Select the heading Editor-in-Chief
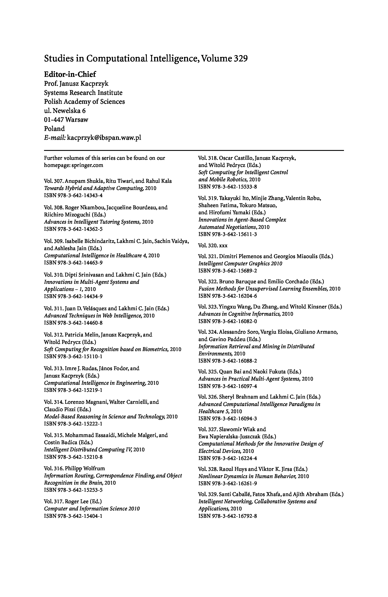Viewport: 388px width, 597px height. [70, 74]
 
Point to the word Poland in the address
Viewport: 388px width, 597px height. [54, 129]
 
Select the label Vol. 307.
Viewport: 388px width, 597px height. [53, 181]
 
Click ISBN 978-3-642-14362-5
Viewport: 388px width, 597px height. [73, 229]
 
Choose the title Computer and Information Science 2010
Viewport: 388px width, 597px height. [92, 509]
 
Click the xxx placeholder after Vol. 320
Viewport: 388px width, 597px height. [223, 246]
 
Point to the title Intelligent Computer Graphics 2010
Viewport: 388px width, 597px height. [240, 264]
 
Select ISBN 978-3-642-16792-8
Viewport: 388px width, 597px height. [228, 516]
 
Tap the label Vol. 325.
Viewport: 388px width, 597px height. [208, 371]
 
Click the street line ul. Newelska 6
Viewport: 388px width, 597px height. [65, 111]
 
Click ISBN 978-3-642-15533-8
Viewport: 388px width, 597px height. [228, 187]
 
